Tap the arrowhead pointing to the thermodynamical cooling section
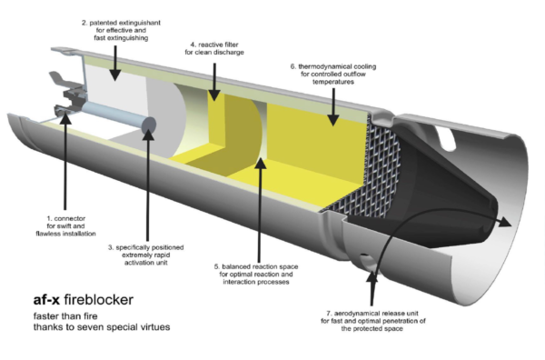tap(334, 120)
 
